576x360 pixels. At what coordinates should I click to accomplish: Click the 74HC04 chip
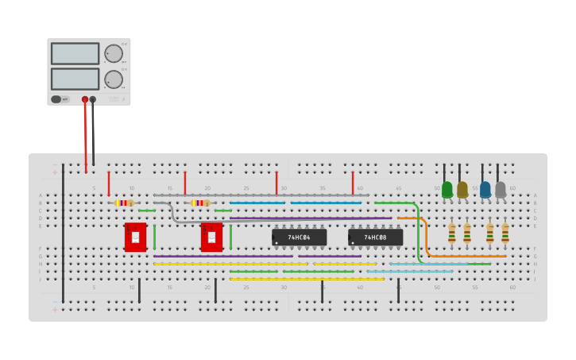pyautogui.click(x=299, y=237)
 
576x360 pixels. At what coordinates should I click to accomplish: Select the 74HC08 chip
pyautogui.click(x=375, y=237)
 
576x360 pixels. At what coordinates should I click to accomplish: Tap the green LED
pyautogui.click(x=447, y=189)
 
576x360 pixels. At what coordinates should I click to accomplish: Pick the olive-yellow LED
pyautogui.click(x=462, y=189)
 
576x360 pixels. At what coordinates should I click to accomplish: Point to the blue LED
pyautogui.click(x=485, y=189)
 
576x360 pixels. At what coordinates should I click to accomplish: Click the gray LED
pyautogui.click(x=501, y=189)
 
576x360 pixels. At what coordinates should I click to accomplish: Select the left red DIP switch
pyautogui.click(x=135, y=237)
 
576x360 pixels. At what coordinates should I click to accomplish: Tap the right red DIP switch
pyautogui.click(x=211, y=237)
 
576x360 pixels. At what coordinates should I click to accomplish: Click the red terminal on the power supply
pyautogui.click(x=85, y=99)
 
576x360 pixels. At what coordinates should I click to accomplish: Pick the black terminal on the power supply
pyautogui.click(x=93, y=99)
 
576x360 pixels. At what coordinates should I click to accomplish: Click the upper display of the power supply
pyautogui.click(x=75, y=53)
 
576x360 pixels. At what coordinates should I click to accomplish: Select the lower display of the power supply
pyautogui.click(x=75, y=79)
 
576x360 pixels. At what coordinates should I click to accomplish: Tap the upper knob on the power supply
pyautogui.click(x=114, y=53)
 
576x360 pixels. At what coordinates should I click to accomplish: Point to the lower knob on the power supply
pyautogui.click(x=114, y=79)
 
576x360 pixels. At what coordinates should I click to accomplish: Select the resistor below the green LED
pyautogui.click(x=451, y=233)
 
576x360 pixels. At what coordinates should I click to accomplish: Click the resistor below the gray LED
pyautogui.click(x=504, y=233)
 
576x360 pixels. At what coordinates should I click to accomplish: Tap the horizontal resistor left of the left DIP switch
pyautogui.click(x=123, y=203)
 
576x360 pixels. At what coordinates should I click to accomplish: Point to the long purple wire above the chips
pyautogui.click(x=310, y=218)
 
